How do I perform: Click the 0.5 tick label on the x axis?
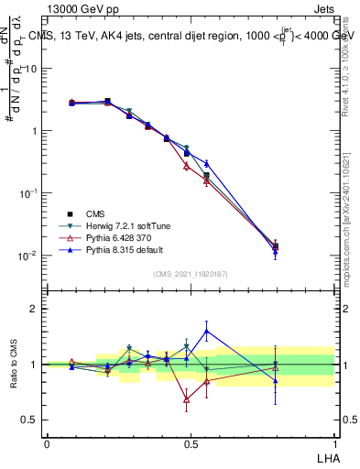coord(190,443)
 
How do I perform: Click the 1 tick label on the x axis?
coord(333,443)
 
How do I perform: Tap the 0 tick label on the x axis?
coord(46,443)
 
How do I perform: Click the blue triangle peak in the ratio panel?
coord(207,331)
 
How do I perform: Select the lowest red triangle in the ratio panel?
coord(187,399)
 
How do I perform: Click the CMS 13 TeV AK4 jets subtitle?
coord(192,37)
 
